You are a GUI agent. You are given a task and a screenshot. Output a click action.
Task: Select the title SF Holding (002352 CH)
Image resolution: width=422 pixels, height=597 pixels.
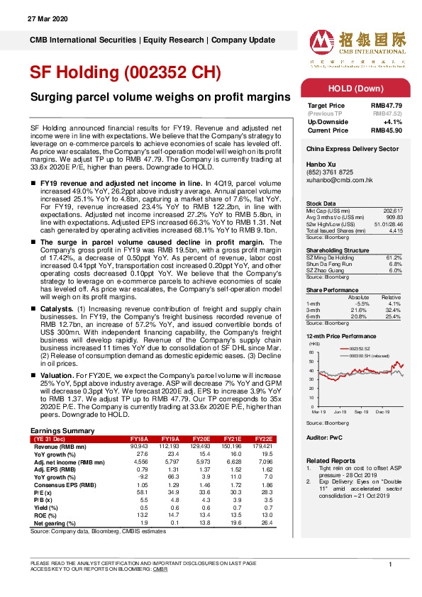pyautogui.click(x=126, y=73)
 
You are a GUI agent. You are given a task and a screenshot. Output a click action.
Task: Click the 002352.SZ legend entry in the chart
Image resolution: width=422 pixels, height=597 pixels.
pyautogui.click(x=361, y=350)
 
